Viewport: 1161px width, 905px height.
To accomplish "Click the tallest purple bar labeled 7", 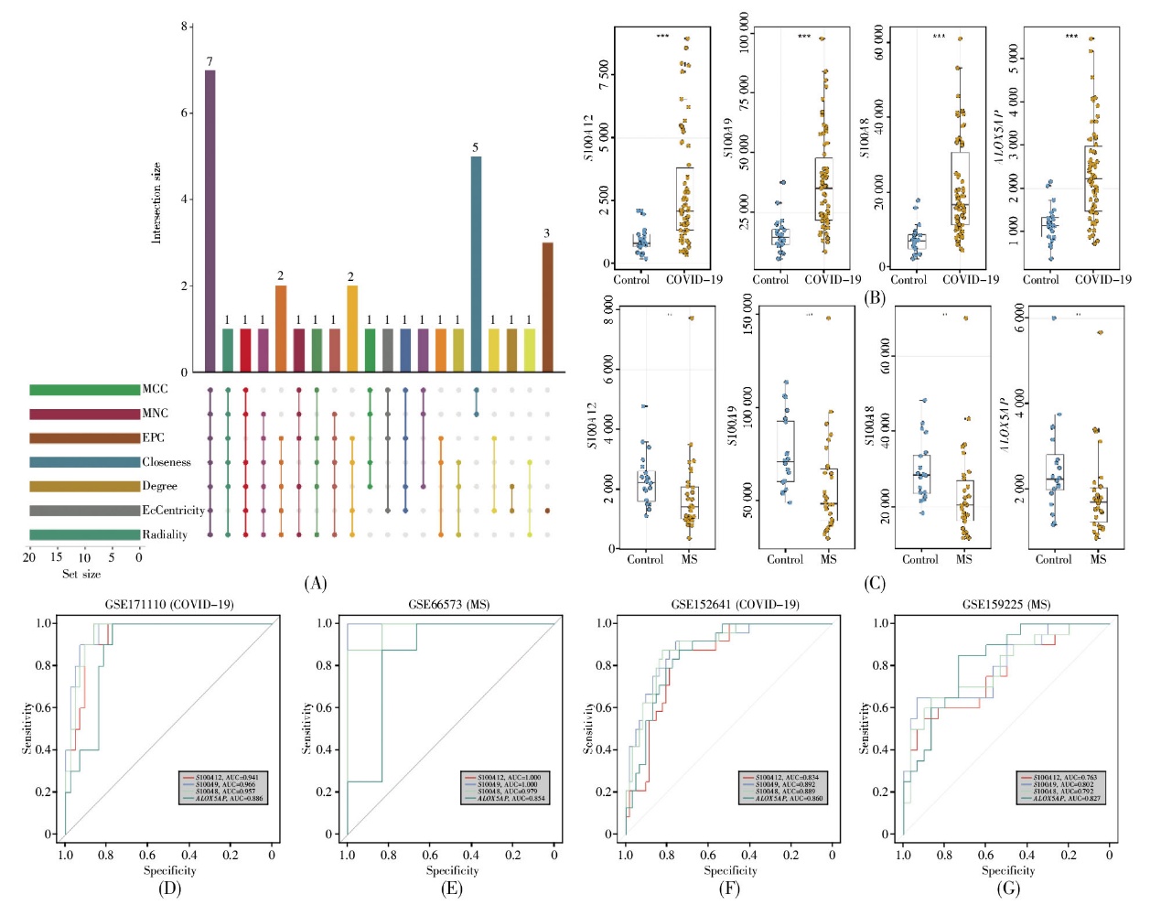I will [x=210, y=221].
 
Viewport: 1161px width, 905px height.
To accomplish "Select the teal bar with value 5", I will [x=476, y=264].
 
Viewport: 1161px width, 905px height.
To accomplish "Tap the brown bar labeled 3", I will [x=547, y=307].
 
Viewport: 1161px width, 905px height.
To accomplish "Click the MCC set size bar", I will [x=84, y=390].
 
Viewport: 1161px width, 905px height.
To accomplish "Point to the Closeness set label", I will [x=167, y=462].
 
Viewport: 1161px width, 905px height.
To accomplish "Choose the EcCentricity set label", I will [x=173, y=511].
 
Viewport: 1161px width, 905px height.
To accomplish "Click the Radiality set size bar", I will [x=84, y=534].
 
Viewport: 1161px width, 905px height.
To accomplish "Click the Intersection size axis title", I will [x=156, y=203].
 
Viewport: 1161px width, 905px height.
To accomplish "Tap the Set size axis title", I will [x=81, y=574].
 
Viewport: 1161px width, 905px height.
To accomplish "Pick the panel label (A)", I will [x=315, y=583].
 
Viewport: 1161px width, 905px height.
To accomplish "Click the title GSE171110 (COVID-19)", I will [x=168, y=605].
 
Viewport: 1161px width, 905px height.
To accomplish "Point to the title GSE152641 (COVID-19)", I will [x=735, y=605].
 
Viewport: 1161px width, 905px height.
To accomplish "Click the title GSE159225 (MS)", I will [x=1006, y=605].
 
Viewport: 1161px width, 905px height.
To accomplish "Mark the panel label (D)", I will [x=169, y=888].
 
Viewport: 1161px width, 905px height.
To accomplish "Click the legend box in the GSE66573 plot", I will [x=504, y=788].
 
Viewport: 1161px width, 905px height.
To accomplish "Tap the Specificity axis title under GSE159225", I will [x=1008, y=870].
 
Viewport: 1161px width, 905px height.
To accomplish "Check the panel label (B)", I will [x=875, y=298].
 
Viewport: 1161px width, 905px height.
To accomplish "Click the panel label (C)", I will [x=875, y=583].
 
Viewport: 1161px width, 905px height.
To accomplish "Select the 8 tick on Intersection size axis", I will [x=184, y=27].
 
